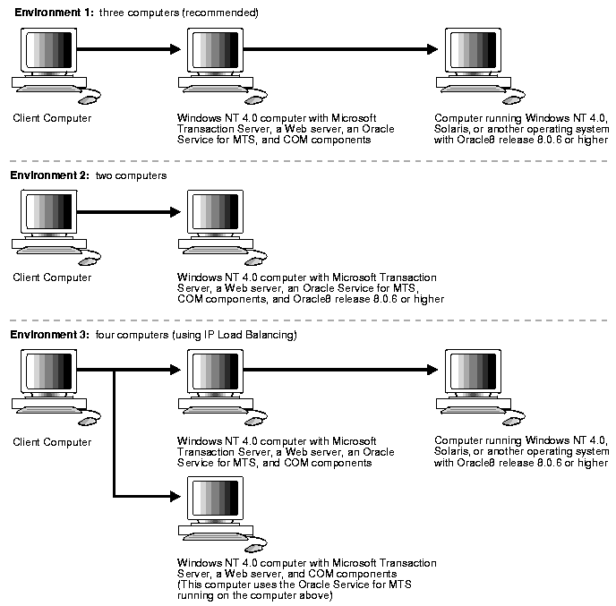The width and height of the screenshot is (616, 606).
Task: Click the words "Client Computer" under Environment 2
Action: point(52,277)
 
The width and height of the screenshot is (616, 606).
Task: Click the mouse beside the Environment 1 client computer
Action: point(93,100)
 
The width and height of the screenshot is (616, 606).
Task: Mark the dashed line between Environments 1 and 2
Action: point(308,161)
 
